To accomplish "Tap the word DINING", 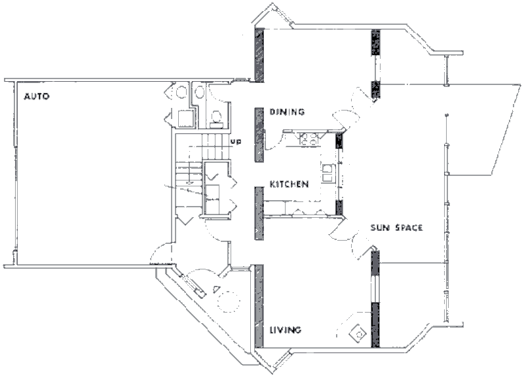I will pos(288,112).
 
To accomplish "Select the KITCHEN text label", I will pos(289,185).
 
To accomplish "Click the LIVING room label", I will pos(286,330).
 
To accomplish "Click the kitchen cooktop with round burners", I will pos(308,139).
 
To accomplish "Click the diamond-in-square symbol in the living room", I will pos(358,333).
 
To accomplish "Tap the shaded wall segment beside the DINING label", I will pos(259,128).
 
